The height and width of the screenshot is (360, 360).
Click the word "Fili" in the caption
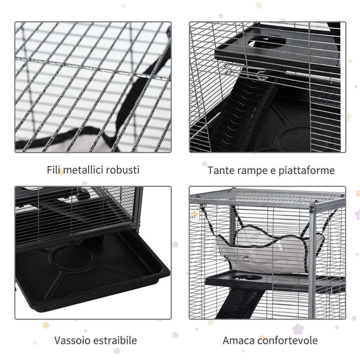click(x=53, y=170)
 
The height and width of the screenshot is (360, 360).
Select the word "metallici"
click(x=86, y=170)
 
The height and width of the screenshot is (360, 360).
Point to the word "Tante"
click(x=220, y=170)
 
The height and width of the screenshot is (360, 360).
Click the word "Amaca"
click(x=237, y=340)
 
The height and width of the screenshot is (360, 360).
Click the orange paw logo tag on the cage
click(x=193, y=215)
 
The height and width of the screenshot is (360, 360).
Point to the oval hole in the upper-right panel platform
click(x=267, y=43)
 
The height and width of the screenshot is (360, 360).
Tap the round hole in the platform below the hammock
click(x=246, y=278)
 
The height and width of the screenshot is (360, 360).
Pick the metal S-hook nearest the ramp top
click(x=262, y=76)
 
